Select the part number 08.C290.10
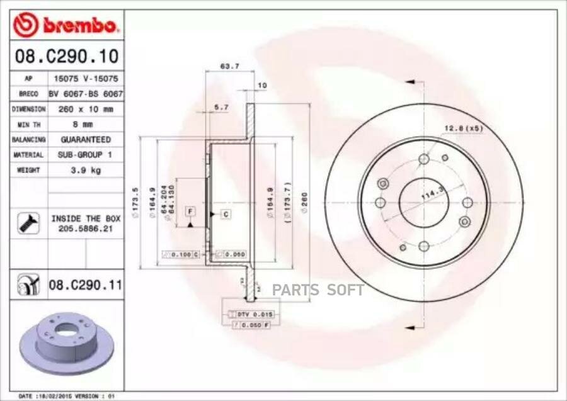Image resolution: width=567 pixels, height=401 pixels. [x=66, y=57]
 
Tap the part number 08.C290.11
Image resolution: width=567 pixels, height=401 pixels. [x=85, y=286]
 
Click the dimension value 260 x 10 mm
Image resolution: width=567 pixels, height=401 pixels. [x=85, y=109]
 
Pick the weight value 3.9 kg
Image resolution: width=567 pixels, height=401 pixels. [x=85, y=170]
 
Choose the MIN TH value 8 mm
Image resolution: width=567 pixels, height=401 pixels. [x=85, y=124]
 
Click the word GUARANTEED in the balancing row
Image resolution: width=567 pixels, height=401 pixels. [x=85, y=139]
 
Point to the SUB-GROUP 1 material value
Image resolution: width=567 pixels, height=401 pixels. [x=85, y=154]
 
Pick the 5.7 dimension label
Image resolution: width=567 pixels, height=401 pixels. [x=221, y=108]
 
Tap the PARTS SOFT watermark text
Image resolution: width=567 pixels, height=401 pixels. [x=318, y=290]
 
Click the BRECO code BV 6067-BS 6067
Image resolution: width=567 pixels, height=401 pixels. [x=85, y=94]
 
